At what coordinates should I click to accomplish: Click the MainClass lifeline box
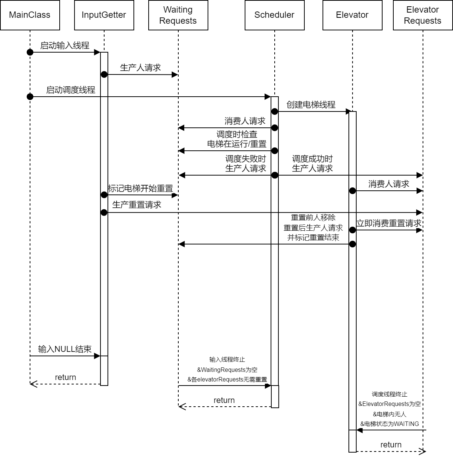tap(30, 15)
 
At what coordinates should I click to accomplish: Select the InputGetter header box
tap(104, 15)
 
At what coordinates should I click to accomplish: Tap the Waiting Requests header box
tap(178, 15)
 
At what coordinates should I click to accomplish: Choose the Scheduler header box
tap(274, 15)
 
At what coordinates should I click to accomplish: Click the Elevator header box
tap(352, 15)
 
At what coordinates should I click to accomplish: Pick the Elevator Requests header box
tap(423, 15)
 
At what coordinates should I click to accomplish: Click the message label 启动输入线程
tap(65, 46)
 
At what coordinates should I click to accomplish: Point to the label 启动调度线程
tap(70, 90)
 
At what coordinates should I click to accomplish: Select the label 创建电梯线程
tap(311, 105)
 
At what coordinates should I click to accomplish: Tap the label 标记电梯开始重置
tap(140, 189)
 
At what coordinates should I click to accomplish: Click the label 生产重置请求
tap(137, 205)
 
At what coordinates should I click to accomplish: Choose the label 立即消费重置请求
tap(389, 223)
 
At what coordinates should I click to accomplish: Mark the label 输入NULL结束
tap(65, 349)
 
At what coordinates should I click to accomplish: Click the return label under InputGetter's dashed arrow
tap(66, 377)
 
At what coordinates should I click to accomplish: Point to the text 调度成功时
tap(313, 159)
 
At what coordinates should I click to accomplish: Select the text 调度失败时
tap(246, 159)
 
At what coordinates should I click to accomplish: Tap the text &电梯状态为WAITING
tap(390, 424)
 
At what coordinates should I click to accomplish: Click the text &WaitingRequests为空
tap(227, 370)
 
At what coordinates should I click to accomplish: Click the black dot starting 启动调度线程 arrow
tap(30, 97)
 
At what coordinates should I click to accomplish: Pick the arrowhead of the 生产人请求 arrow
tap(175, 75)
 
